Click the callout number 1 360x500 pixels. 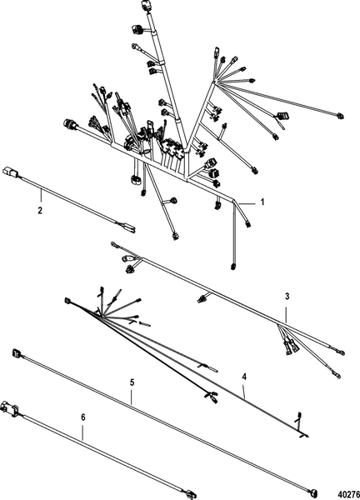[262, 202]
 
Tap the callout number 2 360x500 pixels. [40, 211]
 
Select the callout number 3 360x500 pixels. [287, 296]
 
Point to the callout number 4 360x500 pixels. [244, 377]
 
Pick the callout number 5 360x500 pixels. [132, 382]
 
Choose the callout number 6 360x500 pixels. [83, 417]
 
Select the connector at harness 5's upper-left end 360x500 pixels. [16, 353]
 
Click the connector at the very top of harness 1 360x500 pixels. [145, 6]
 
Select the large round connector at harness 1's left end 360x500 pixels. [69, 123]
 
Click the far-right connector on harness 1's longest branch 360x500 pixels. [340, 116]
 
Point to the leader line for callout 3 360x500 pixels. [286, 314]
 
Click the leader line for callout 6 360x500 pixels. [82, 432]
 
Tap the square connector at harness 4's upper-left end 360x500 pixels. [67, 300]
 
